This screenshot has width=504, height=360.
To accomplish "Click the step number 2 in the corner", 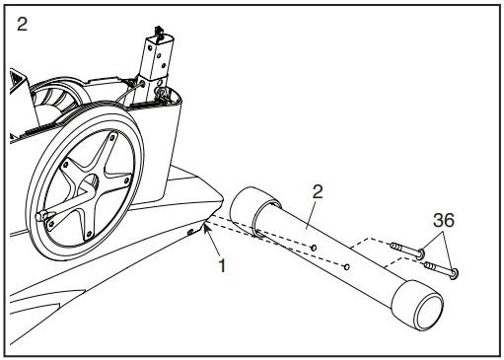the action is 22,25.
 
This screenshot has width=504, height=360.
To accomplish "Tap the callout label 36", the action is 444,220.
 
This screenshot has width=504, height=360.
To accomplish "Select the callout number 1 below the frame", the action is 222,265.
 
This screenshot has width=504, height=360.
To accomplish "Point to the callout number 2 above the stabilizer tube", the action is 318,191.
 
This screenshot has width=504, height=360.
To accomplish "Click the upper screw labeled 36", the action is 406,250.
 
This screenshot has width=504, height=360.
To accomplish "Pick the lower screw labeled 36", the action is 441,268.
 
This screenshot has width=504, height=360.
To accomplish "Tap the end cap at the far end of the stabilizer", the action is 417,305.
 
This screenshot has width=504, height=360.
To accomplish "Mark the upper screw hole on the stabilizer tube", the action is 314,248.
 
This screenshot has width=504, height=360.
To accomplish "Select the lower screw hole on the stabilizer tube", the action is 346,267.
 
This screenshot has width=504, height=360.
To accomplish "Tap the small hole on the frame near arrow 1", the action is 190,233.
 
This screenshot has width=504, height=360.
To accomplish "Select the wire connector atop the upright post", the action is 160,32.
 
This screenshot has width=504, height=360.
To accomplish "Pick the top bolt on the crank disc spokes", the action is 112,137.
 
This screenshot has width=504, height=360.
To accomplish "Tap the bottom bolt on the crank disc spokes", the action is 89,234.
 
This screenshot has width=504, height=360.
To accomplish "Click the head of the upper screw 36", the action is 420,254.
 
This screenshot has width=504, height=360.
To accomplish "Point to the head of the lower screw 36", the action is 454,274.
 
